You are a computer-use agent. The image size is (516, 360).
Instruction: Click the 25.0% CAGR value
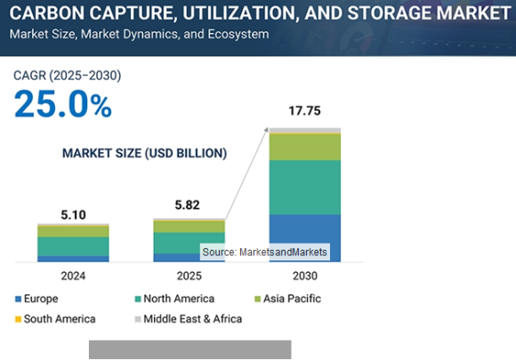point(62,105)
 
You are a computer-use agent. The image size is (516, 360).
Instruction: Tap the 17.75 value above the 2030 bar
point(305,112)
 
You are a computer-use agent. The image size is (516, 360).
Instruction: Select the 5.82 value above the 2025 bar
point(189,204)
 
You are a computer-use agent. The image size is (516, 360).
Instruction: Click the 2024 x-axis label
point(73,276)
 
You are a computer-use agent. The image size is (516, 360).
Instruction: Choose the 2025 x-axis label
point(189,276)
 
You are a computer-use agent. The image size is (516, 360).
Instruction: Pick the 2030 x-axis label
point(305,276)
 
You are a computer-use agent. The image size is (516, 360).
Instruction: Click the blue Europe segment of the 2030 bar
point(305,238)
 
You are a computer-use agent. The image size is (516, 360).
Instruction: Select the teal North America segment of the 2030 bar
point(305,187)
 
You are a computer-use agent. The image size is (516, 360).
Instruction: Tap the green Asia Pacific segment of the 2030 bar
point(305,147)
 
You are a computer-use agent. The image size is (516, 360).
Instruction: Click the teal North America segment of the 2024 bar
point(73,246)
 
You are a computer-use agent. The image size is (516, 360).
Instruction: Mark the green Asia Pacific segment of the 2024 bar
point(73,231)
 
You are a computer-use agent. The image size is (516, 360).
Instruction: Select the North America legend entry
point(173,299)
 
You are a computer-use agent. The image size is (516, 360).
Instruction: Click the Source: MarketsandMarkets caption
point(264,253)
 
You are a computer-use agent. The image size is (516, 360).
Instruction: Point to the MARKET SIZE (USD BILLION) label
point(144,153)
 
